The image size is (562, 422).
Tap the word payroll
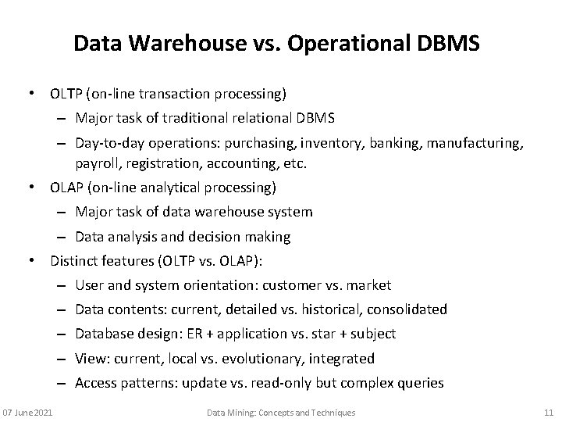(x=94, y=164)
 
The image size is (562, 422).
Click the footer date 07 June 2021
(x=28, y=412)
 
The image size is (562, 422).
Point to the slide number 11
(x=547, y=412)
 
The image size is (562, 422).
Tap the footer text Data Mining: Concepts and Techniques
(x=281, y=412)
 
